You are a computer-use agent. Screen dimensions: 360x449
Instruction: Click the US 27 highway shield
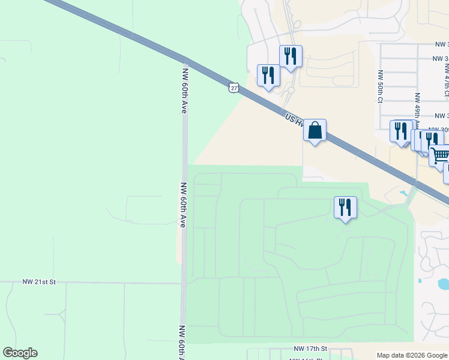pyautogui.click(x=234, y=88)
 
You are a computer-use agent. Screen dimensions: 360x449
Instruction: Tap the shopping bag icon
pyautogui.click(x=315, y=130)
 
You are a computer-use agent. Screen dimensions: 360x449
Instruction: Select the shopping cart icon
pyautogui.click(x=440, y=155)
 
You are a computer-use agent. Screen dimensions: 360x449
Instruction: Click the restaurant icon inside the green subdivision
pyautogui.click(x=345, y=208)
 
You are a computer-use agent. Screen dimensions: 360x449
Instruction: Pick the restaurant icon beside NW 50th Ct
pyautogui.click(x=400, y=131)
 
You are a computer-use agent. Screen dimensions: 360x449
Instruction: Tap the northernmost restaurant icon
pyautogui.click(x=291, y=57)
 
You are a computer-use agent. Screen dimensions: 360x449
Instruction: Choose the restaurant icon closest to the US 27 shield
pyautogui.click(x=268, y=76)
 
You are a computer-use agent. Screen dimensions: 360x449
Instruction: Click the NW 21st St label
pyautogui.click(x=39, y=281)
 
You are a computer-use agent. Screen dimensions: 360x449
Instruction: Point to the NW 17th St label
pyautogui.click(x=310, y=349)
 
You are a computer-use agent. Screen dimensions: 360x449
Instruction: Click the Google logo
pyautogui.click(x=20, y=353)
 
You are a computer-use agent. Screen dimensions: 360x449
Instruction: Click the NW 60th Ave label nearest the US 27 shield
pyautogui.click(x=184, y=91)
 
